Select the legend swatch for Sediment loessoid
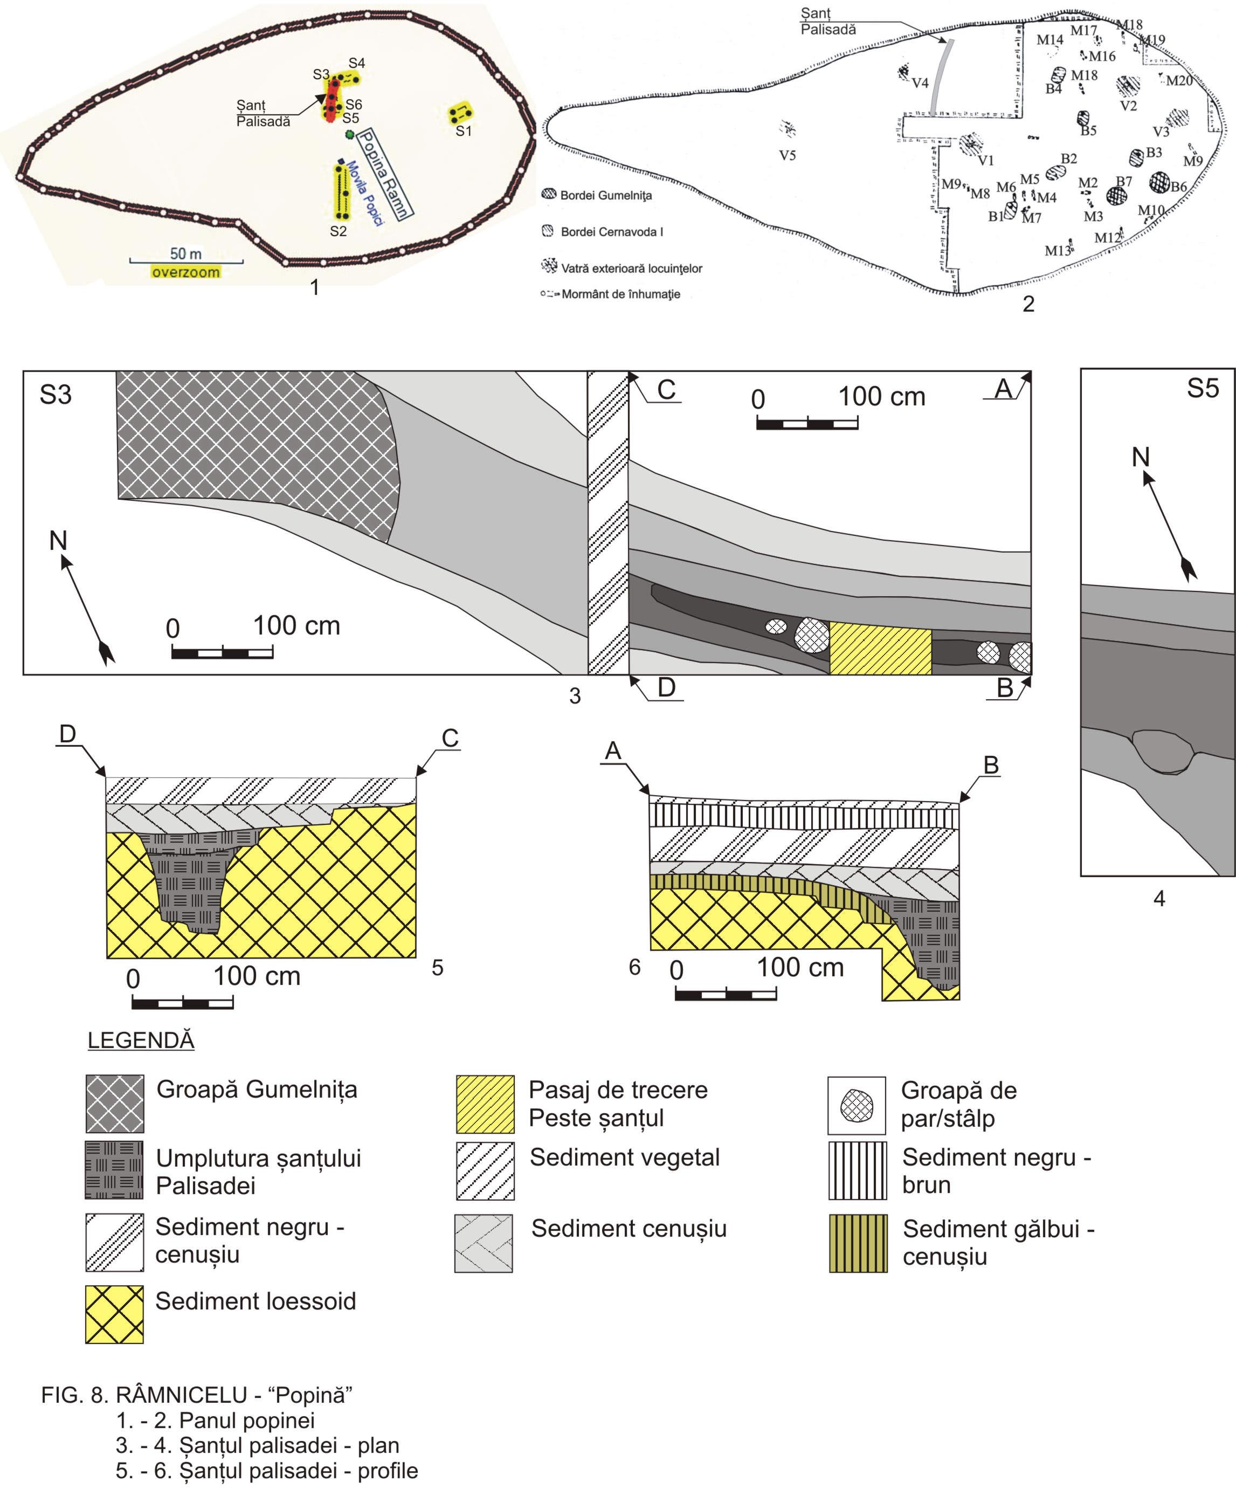114,1314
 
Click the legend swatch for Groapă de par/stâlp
856,1105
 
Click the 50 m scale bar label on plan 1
186,254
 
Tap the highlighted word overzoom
186,272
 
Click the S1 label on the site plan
463,131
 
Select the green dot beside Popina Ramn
349,133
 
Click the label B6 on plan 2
1178,187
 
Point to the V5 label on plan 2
787,155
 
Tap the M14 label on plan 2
1049,40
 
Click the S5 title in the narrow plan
1203,389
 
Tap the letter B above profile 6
991,764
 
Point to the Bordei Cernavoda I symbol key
548,231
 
